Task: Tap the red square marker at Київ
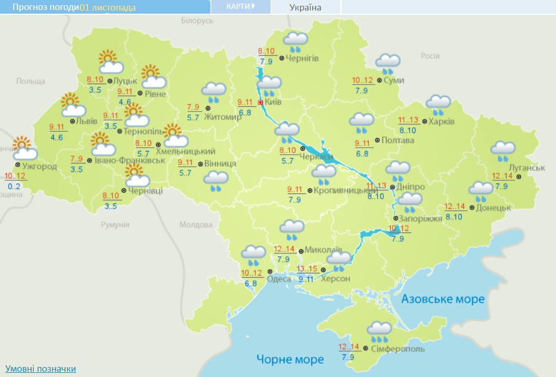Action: point(260,103)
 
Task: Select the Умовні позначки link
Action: point(41,369)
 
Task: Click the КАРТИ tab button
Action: point(241,6)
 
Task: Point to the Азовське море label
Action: point(443,299)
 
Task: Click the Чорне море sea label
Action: point(290,360)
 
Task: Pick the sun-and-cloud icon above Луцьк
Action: point(110,62)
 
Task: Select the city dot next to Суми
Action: point(379,80)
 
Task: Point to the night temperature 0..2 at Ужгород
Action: point(14,186)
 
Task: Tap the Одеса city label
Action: point(279,279)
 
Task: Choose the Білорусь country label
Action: point(197,21)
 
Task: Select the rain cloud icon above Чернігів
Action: point(295,40)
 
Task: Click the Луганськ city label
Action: point(527,168)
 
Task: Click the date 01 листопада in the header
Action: point(107,7)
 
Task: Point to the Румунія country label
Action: point(115,225)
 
